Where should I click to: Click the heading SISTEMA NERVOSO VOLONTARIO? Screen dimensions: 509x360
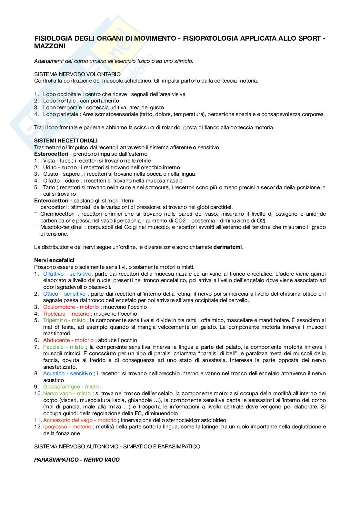[x=77, y=74]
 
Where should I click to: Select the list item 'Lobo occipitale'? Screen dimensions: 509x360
[x=62, y=94]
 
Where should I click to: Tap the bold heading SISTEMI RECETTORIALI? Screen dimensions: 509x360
[x=66, y=141]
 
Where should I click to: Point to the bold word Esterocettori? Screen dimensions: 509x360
[x=51, y=154]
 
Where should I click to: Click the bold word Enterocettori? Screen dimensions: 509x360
[x=51, y=201]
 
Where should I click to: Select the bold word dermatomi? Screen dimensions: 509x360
[x=227, y=247]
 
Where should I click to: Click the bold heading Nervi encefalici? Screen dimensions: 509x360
[x=54, y=260]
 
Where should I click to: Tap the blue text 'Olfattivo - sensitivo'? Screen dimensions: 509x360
[x=67, y=274]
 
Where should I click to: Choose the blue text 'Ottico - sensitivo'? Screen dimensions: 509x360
[x=65, y=294]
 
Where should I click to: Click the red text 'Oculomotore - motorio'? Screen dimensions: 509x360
[x=71, y=307]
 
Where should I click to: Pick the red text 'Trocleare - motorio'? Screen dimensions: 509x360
[x=66, y=314]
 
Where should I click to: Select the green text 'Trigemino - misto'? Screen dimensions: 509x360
[x=64, y=320]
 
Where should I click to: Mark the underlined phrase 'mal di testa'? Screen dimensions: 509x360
[x=58, y=327]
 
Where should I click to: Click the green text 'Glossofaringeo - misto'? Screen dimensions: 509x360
[x=71, y=387]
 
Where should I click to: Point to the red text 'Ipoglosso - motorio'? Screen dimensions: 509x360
[x=67, y=426]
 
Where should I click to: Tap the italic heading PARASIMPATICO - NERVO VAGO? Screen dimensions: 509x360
[x=77, y=460]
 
